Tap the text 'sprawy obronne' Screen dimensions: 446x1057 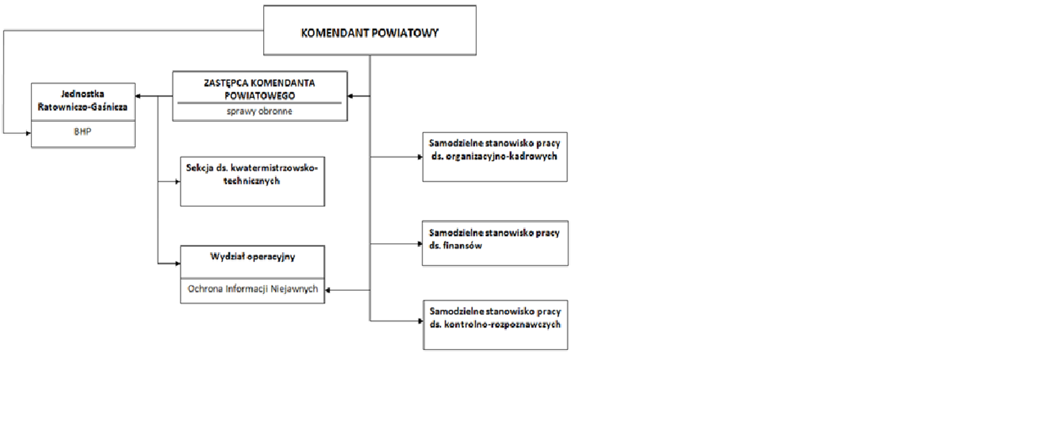click(259, 111)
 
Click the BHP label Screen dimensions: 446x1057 click(83, 132)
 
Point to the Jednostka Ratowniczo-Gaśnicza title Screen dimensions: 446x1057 click(83, 101)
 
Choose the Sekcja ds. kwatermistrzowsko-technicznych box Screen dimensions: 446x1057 click(252, 182)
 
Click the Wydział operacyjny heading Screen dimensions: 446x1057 click(252, 257)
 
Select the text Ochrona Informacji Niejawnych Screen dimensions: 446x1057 click(252, 289)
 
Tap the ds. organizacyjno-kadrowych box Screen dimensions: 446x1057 click(494, 157)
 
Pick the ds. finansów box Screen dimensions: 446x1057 click(494, 243)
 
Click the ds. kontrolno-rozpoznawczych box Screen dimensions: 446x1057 click(495, 325)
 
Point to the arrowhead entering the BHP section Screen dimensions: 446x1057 click(29, 133)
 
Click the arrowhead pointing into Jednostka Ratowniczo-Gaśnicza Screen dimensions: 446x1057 click(138, 96)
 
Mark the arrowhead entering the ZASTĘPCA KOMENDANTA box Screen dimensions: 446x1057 click(351, 96)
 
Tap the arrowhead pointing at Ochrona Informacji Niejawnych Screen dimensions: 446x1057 click(328, 290)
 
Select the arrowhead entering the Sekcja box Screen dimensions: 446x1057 click(177, 182)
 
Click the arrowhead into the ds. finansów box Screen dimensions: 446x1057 click(419, 243)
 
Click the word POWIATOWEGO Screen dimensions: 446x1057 click(259, 96)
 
